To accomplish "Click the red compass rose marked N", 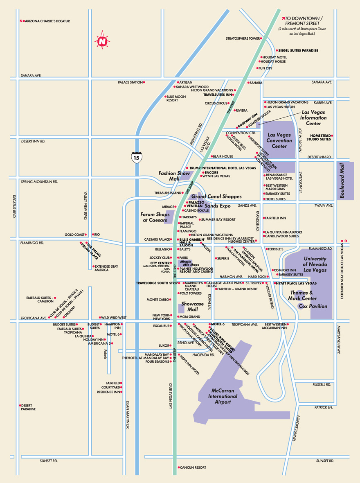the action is (102, 40).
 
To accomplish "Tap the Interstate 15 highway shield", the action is (136, 158).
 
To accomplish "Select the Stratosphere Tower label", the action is (243, 38).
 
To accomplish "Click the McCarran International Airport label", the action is (223, 396).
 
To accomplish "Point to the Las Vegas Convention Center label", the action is (279, 140).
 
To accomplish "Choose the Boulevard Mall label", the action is (342, 181).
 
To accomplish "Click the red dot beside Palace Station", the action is (144, 82).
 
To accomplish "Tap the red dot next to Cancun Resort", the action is (179, 467).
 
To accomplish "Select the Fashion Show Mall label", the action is (174, 176).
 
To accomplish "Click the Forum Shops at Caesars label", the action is (155, 217).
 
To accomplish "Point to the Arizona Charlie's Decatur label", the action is (47, 21).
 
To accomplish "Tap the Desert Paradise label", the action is (28, 407).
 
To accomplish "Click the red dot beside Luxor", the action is (170, 345).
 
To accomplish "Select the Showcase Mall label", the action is (192, 307).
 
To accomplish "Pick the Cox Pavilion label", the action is (313, 306).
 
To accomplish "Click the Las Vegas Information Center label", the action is (313, 117).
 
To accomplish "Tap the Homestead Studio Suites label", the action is (320, 138).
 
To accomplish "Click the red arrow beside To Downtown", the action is (283, 18).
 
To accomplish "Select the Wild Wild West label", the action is (114, 317).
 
